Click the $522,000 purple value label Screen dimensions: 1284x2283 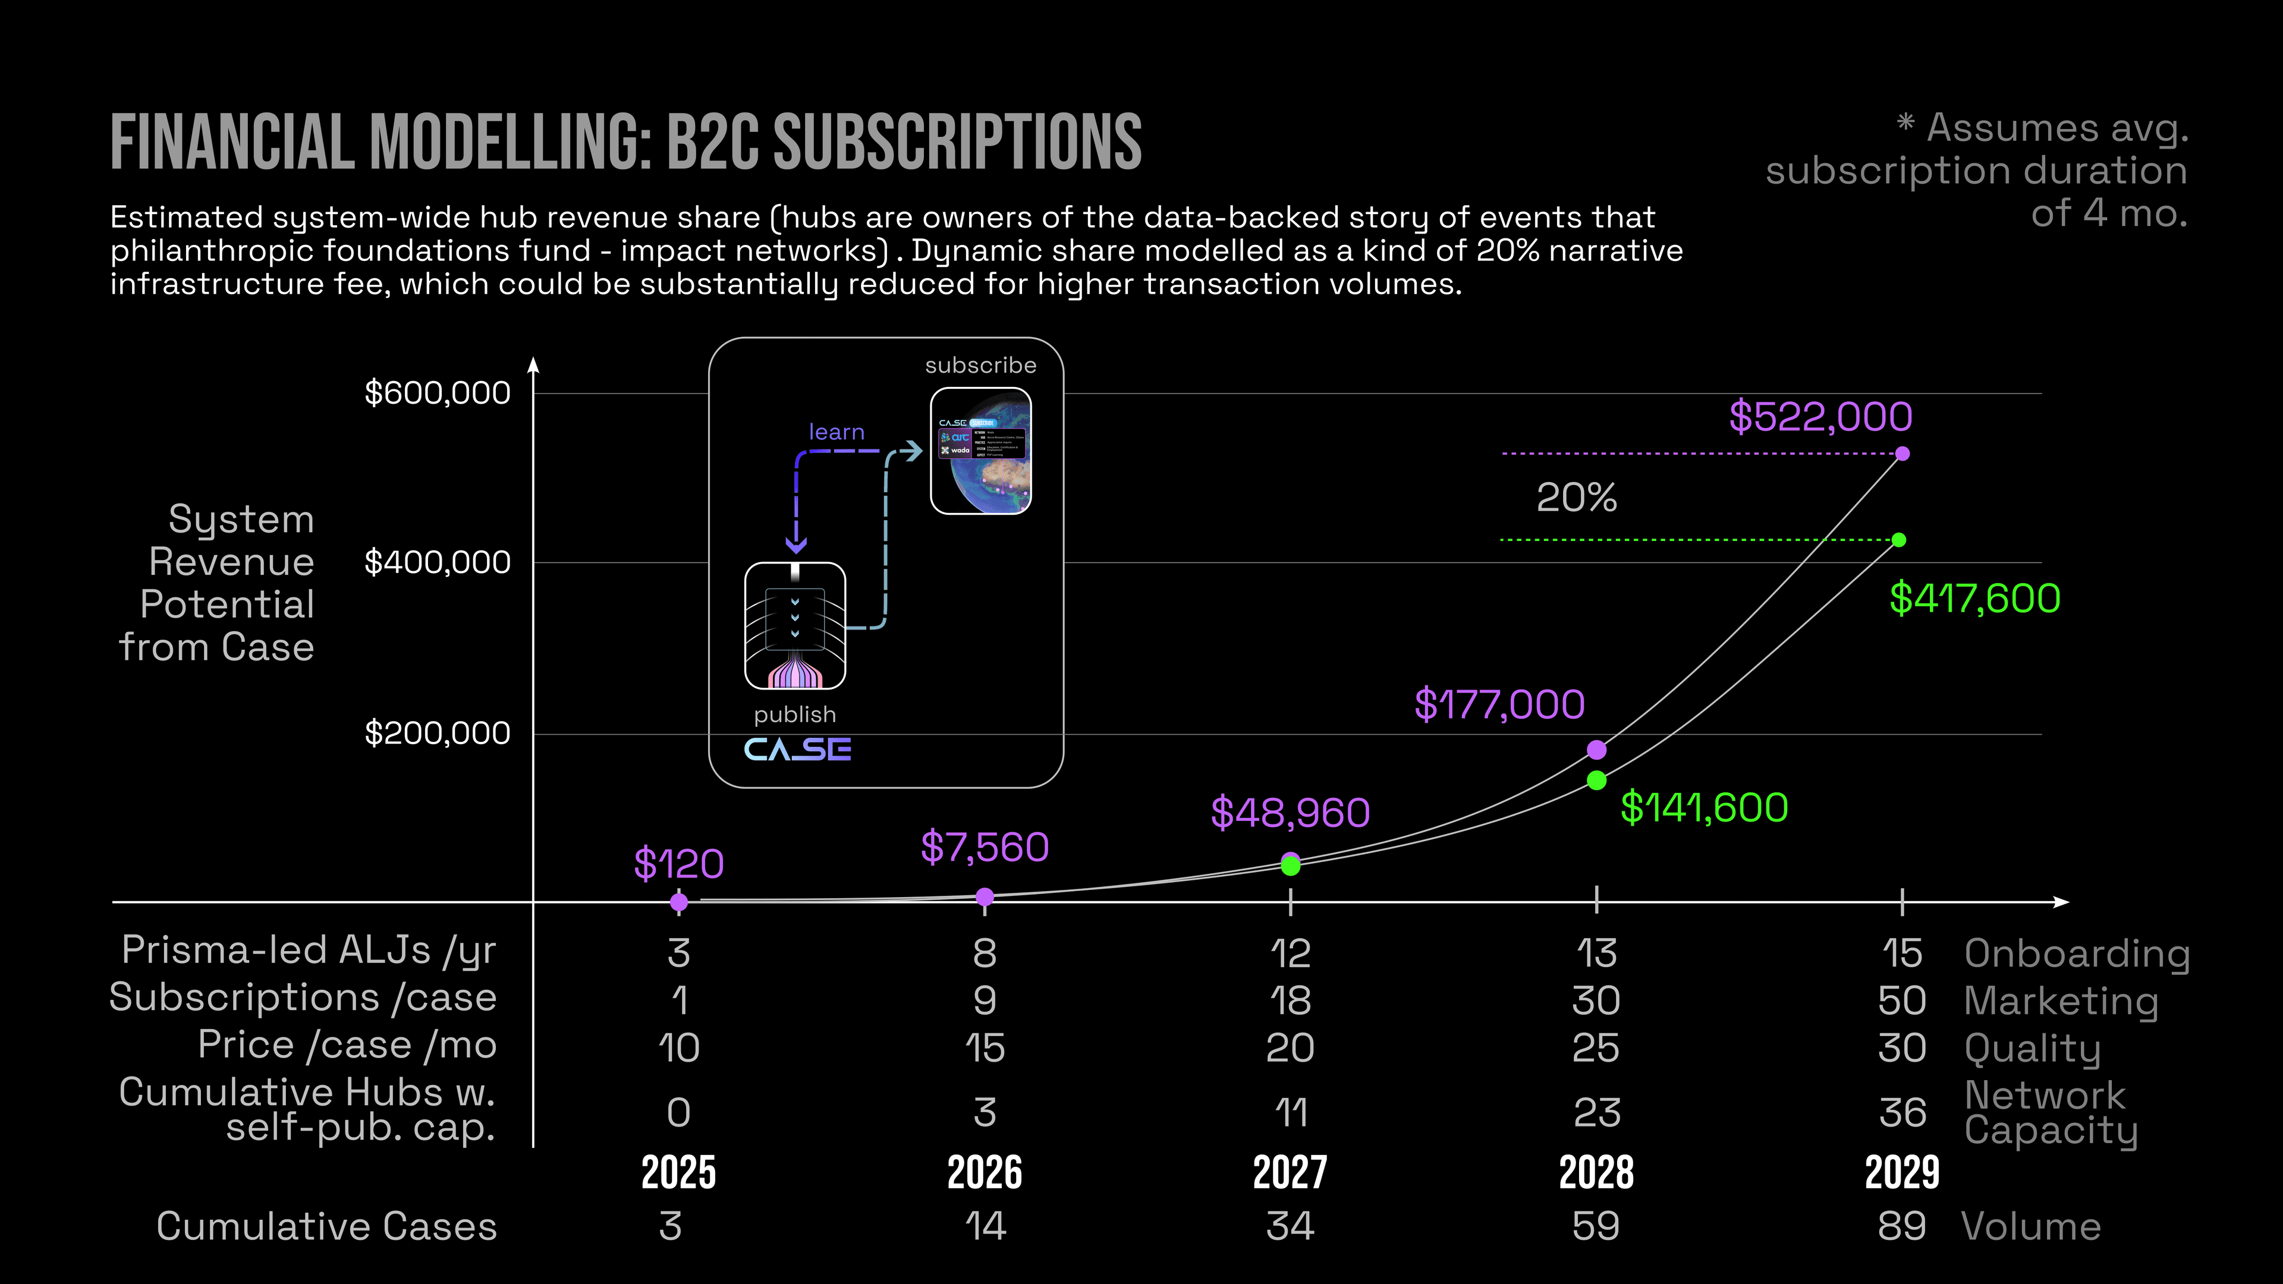click(1820, 417)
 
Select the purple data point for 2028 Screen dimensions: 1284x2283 click(1596, 750)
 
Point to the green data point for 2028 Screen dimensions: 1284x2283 click(1596, 781)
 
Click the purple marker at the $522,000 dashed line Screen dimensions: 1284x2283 click(1902, 454)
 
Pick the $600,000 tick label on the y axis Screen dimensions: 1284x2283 click(437, 392)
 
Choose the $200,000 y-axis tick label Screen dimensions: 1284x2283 click(437, 733)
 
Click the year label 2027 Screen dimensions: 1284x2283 click(1290, 1172)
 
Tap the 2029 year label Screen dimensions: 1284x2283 click(1902, 1172)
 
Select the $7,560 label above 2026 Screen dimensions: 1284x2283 click(985, 847)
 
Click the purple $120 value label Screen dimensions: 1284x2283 click(679, 864)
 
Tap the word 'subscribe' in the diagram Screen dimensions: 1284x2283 click(980, 365)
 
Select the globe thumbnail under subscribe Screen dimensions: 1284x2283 click(980, 451)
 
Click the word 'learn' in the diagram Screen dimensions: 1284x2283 click(837, 432)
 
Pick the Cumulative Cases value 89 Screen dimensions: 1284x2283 click(1902, 1226)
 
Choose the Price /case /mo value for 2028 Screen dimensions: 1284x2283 click(1596, 1047)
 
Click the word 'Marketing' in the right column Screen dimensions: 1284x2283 click(2061, 1000)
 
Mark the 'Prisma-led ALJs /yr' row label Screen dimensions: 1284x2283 click(309, 950)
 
